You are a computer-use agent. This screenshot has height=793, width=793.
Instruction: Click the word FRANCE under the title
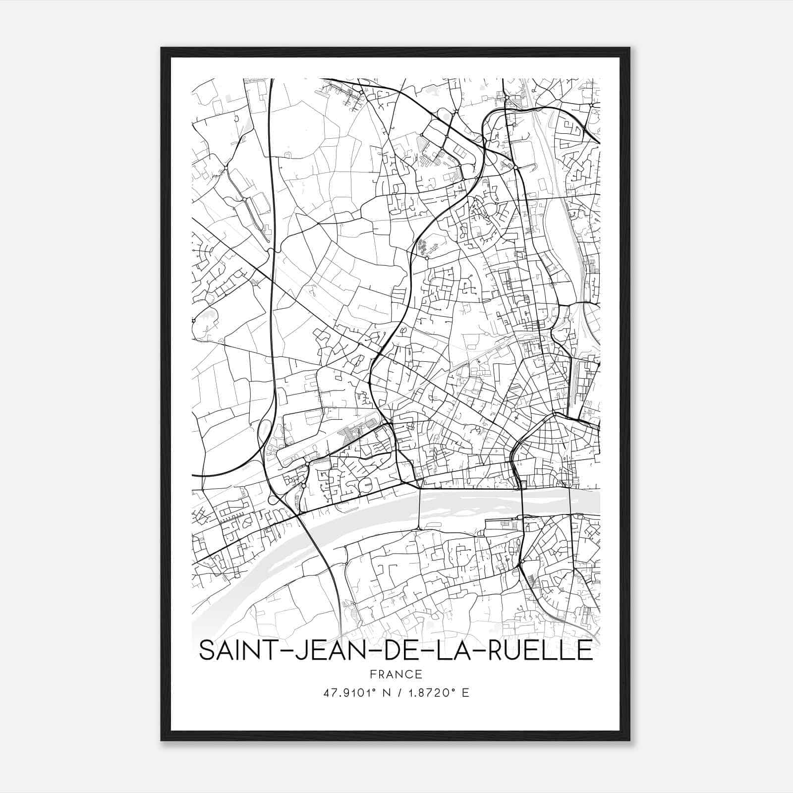click(396, 674)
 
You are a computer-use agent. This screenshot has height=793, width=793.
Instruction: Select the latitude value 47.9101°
click(346, 693)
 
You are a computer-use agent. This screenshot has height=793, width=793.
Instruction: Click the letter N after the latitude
click(381, 693)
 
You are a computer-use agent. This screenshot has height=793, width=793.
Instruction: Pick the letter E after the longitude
click(465, 693)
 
